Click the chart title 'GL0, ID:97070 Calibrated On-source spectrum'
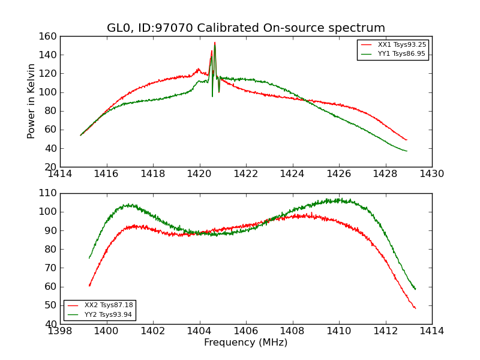pos(246,28)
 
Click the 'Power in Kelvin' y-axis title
pos(31,101)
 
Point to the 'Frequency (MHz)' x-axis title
pos(246,343)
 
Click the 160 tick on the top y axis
pos(49,36)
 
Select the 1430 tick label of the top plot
pos(432,173)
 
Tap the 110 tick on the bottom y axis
pos(49,193)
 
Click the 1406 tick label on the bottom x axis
pos(246,331)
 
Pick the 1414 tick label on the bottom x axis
pos(432,331)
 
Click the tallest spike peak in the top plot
pos(215,43)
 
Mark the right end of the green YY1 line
pos(407,151)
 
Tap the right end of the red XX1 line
pos(407,140)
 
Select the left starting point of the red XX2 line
pos(89,286)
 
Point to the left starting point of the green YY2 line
pos(89,258)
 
